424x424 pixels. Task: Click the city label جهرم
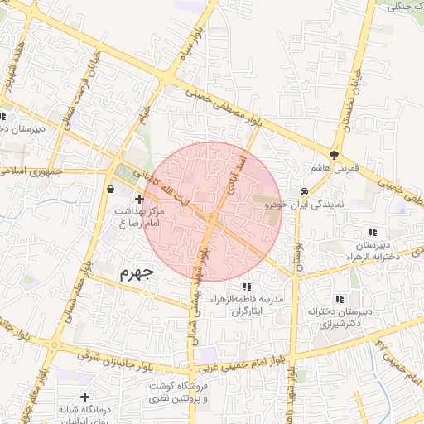(x=137, y=272)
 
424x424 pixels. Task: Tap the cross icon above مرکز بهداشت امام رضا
(x=138, y=199)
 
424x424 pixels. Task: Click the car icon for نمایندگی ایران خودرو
(x=305, y=190)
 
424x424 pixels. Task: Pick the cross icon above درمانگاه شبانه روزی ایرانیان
(x=84, y=397)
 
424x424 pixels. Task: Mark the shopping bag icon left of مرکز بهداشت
(x=110, y=190)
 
